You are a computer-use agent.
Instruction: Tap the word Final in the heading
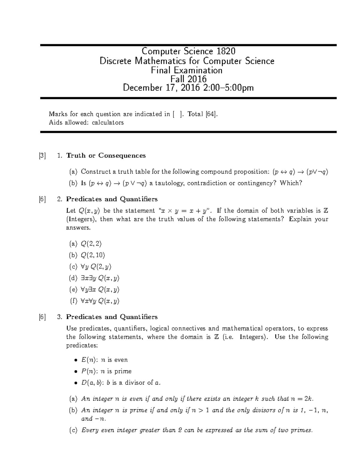point(161,70)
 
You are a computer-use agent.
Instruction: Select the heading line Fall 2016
point(188,79)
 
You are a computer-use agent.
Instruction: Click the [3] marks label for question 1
point(42,155)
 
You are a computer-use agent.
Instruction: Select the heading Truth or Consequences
point(106,155)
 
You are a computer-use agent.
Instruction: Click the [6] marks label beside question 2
point(42,199)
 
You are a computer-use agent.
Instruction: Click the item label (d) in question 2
point(73,278)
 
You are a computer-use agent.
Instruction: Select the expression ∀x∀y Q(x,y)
point(100,301)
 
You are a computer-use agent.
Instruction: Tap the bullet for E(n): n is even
point(76,360)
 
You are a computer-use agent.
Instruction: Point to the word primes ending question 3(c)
point(302,430)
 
